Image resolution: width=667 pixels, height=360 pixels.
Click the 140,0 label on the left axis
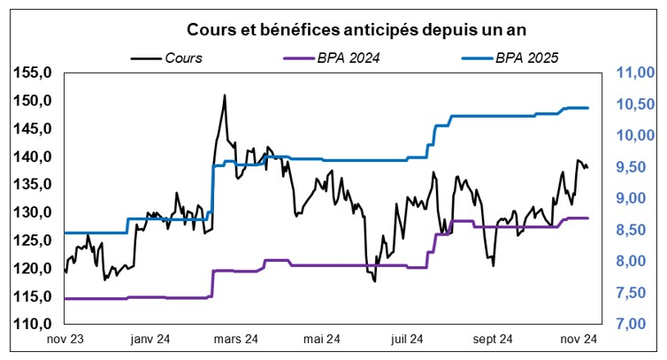(x=35, y=157)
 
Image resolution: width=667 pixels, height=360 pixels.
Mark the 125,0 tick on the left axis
(x=35, y=241)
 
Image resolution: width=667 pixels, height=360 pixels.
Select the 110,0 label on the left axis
(x=35, y=325)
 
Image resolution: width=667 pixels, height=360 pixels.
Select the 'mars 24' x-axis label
(x=236, y=339)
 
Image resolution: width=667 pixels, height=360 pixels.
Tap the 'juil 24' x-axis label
(x=410, y=339)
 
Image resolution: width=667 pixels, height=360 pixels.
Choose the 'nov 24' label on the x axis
(x=581, y=339)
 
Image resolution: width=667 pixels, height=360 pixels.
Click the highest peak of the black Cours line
(x=225, y=95)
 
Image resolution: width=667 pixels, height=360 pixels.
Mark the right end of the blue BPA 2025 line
(x=588, y=108)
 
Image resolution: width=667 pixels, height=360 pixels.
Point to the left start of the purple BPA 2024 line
(x=65, y=299)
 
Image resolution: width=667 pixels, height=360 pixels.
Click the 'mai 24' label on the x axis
(x=322, y=339)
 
